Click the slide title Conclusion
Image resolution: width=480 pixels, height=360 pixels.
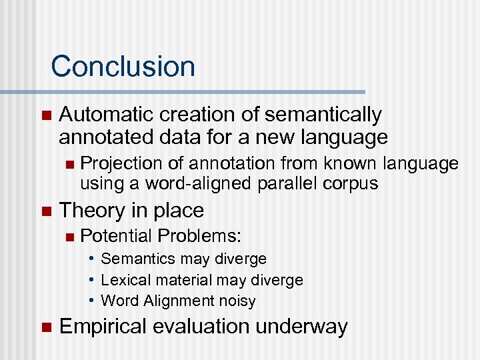click(x=123, y=67)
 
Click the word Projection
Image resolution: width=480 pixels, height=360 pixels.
click(x=117, y=163)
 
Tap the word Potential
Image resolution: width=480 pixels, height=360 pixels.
click(x=116, y=236)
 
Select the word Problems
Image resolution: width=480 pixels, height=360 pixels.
click(x=199, y=236)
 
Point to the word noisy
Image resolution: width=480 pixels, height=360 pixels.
click(x=234, y=301)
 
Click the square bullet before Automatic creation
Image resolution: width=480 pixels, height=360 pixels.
click(x=45, y=115)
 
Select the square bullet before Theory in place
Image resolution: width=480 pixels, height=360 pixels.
click(x=45, y=211)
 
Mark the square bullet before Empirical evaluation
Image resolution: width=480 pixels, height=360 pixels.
click(x=45, y=327)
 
